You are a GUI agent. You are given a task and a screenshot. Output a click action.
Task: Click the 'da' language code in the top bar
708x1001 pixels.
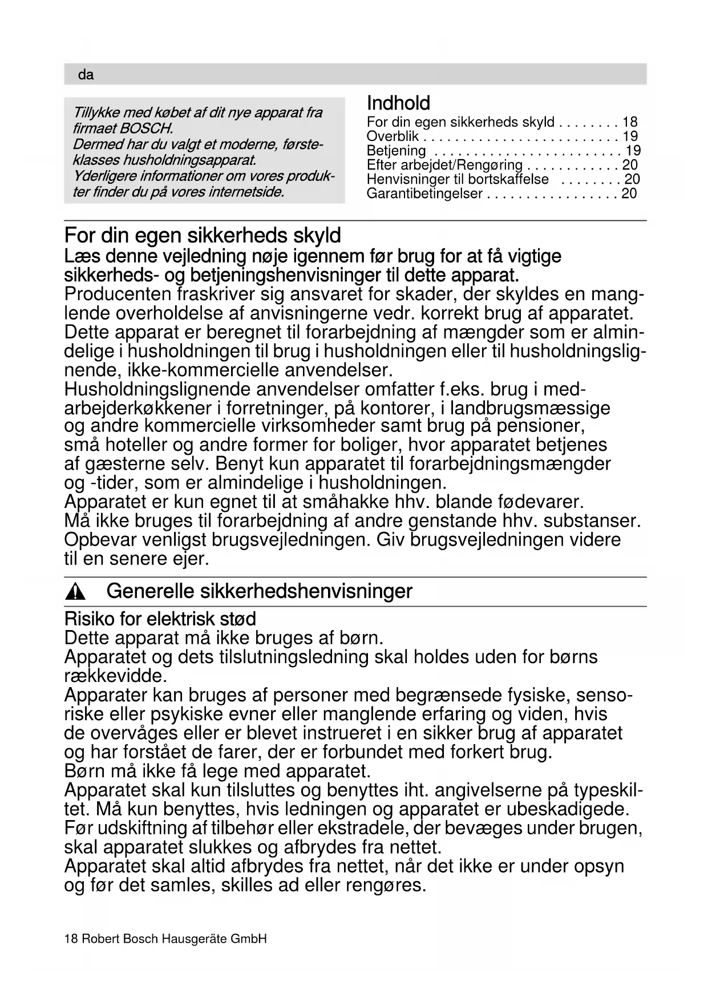86,75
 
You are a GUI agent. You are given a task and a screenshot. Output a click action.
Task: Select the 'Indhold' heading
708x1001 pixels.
398,103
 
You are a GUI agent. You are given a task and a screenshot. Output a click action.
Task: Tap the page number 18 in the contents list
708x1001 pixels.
630,122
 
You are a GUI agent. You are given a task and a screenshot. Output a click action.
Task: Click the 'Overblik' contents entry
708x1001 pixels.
393,136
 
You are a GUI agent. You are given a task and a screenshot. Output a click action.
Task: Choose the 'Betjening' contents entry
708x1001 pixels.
396,151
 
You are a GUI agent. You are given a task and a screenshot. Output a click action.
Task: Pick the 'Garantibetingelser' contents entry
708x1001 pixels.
424,193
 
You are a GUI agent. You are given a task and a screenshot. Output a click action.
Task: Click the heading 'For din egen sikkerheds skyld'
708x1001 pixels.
203,235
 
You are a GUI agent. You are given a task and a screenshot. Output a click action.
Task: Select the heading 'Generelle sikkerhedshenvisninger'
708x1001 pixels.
259,591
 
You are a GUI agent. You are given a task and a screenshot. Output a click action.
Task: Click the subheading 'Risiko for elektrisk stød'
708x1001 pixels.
160,619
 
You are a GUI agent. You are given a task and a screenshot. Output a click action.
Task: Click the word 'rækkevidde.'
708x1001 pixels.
115,676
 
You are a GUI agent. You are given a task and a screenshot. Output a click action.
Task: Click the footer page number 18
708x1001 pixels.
71,939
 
